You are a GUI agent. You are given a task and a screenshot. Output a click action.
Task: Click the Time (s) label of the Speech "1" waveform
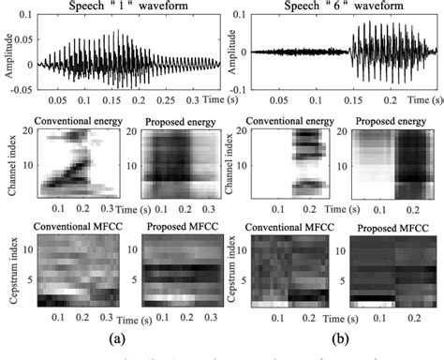click(216, 97)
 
